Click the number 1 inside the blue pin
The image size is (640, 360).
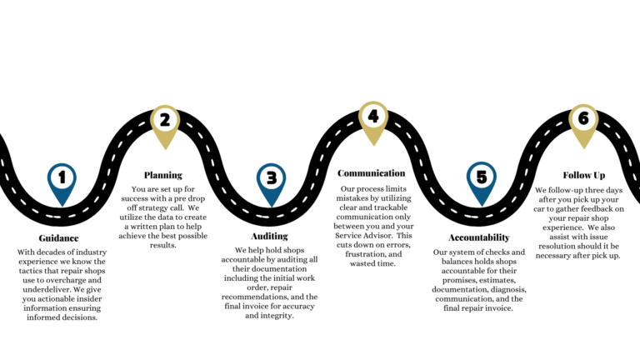61,177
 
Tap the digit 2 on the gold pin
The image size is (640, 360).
165,120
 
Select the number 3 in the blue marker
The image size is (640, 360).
271,177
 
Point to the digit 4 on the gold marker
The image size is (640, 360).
373,116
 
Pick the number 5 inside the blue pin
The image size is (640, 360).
481,177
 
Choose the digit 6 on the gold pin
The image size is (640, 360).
583,118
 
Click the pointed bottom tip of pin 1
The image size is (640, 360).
62,207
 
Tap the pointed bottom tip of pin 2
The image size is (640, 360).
165,151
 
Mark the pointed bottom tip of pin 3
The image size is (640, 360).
271,207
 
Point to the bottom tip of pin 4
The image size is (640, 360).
373,147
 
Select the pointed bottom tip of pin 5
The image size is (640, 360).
481,207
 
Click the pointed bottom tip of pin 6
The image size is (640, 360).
583,149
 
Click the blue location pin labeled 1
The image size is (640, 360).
62,183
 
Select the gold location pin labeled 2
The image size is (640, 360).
165,127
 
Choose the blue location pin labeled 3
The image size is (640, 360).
271,183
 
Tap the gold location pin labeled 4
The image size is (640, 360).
373,122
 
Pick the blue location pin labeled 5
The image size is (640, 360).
481,183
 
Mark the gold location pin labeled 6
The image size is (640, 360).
583,125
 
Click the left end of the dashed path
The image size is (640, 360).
2,160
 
